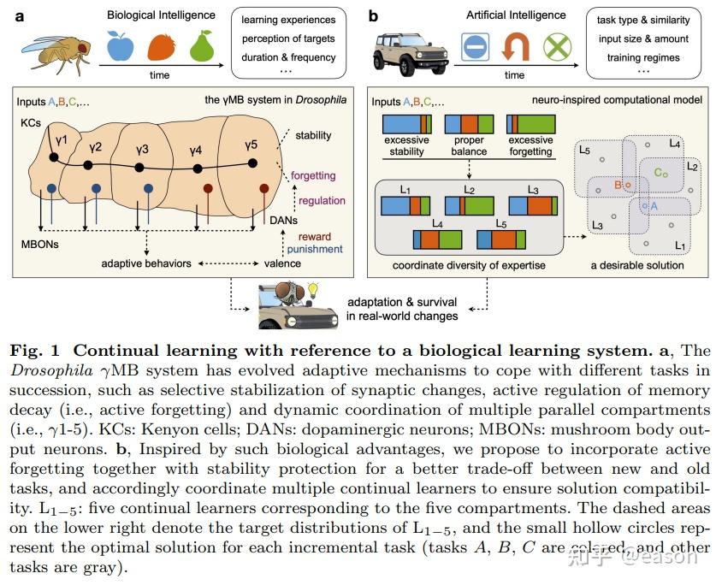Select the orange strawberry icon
(x=161, y=46)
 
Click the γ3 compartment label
(x=142, y=150)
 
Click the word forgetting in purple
(x=313, y=175)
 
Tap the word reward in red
(x=314, y=237)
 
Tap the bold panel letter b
(x=373, y=15)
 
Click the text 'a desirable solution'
(x=637, y=265)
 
